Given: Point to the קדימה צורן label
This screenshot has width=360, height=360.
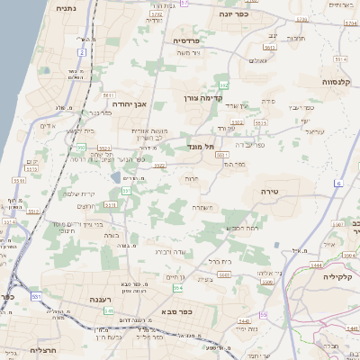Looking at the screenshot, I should coord(202,97).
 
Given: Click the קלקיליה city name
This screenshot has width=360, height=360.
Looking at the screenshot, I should coord(341,277).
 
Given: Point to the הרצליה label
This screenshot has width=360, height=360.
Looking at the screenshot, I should coord(43,349).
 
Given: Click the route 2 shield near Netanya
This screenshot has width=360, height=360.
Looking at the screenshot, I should coord(81,52).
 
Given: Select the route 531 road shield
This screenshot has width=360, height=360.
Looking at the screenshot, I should coord(36,295).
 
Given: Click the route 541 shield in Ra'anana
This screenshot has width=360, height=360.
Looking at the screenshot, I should coord(109,310).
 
